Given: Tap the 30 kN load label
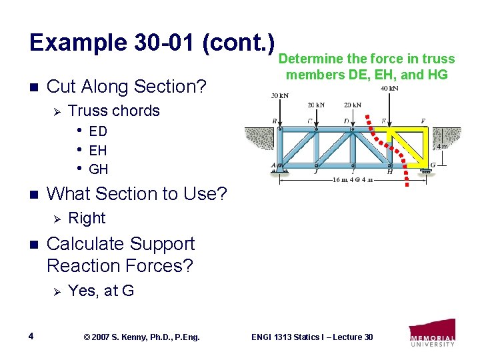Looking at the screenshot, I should [x=279, y=96].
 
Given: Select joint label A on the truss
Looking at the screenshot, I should [x=273, y=165].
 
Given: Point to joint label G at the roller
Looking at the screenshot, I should [x=434, y=165].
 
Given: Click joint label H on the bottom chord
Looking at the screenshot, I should [x=390, y=172].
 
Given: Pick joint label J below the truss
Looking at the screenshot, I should [x=317, y=172].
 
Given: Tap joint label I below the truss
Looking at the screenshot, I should [x=353, y=172].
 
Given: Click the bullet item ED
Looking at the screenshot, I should [x=97, y=131].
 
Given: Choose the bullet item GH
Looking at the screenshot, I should [x=97, y=169].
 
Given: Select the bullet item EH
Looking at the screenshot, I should [x=97, y=151].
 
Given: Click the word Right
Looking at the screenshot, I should [x=87, y=218].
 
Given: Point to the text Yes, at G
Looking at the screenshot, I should [x=101, y=290].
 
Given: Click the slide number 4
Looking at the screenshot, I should [x=32, y=336].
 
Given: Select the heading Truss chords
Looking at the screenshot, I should [x=114, y=111].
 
